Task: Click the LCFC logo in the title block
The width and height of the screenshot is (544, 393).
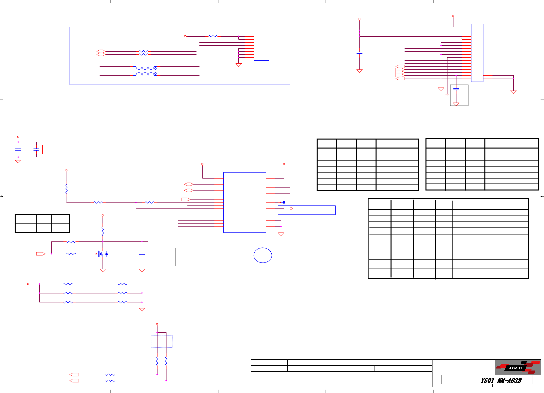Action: (517, 367)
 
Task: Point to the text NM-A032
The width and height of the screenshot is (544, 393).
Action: (509, 380)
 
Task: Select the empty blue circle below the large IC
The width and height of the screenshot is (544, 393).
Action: (263, 255)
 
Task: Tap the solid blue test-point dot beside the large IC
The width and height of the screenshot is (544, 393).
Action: (284, 202)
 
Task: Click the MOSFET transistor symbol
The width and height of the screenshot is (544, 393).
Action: (103, 254)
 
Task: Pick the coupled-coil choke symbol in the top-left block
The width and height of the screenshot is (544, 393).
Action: (146, 71)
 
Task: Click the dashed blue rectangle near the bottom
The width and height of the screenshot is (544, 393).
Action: (161, 341)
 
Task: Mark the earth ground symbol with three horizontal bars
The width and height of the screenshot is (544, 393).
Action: (447, 95)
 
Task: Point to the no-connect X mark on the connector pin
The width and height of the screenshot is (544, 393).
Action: (462, 39)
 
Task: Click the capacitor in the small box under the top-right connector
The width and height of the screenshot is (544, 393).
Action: (456, 89)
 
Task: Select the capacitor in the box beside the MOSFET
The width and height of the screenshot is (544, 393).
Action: (142, 255)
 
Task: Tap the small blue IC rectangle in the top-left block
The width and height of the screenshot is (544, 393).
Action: (261, 47)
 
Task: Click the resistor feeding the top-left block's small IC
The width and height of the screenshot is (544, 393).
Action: (213, 36)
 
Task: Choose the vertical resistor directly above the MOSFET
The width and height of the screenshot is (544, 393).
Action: (103, 231)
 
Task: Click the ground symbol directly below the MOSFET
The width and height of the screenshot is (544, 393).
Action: (103, 270)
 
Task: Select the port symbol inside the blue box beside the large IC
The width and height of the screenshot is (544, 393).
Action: (288, 208)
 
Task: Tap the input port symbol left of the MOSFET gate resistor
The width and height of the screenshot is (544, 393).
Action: (41, 254)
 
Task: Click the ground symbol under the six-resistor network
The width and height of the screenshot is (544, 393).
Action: (142, 310)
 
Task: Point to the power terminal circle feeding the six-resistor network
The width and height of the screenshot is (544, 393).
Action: (28, 284)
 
